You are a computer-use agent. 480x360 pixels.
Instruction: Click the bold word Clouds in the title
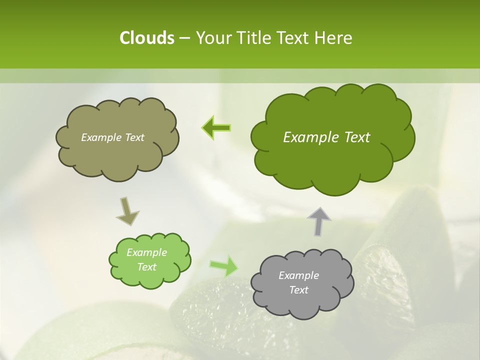click(x=146, y=38)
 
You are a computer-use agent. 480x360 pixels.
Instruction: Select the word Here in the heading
click(x=334, y=38)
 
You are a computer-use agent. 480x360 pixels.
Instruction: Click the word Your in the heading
click(x=212, y=38)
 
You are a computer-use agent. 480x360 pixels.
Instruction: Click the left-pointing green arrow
click(x=216, y=128)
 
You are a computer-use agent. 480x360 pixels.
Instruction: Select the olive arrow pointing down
click(x=127, y=210)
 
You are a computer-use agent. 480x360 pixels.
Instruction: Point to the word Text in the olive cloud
click(x=133, y=137)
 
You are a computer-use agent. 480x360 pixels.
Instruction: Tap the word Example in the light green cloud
click(x=146, y=252)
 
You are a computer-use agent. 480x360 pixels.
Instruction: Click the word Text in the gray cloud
click(x=298, y=290)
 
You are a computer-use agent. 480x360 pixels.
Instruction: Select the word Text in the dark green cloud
click(x=357, y=137)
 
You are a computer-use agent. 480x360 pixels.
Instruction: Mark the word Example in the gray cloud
click(x=298, y=275)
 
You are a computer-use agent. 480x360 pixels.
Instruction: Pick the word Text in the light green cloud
click(x=146, y=267)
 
